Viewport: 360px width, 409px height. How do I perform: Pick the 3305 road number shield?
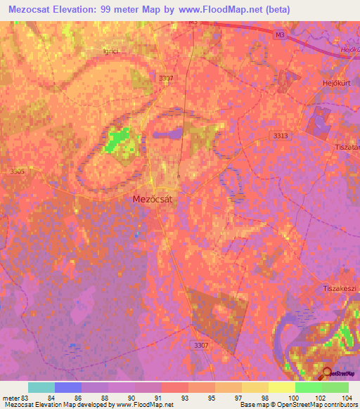pos(18,170)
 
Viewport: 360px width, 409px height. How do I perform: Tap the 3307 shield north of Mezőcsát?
pos(167,78)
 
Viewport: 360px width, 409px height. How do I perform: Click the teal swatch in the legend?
pos(41,387)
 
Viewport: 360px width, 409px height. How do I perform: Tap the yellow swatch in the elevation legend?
pos(281,387)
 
